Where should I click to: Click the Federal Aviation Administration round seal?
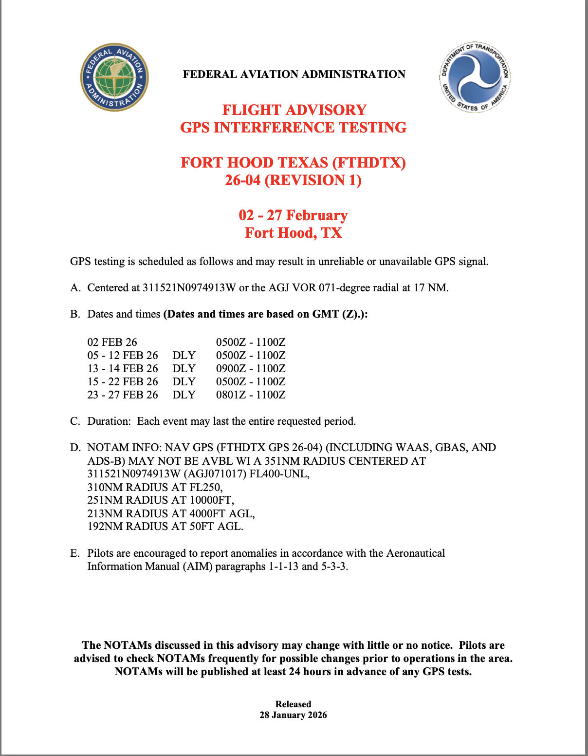coord(114,77)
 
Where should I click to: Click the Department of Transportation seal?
coord(475,77)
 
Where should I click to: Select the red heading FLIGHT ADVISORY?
coord(294,110)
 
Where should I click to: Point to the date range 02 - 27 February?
coord(293,215)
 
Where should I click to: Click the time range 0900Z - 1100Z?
coord(251,369)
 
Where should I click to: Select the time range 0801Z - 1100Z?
coord(251,395)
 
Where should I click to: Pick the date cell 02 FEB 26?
coord(112,342)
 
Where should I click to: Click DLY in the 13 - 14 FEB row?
coord(184,369)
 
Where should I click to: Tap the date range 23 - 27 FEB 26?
coord(123,395)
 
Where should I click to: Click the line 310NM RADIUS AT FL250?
coord(155,487)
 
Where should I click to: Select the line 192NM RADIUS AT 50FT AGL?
coord(165,527)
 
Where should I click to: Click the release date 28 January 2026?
coord(293,715)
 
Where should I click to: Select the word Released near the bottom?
coord(293,704)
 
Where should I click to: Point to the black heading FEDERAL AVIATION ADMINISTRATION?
coord(294,75)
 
